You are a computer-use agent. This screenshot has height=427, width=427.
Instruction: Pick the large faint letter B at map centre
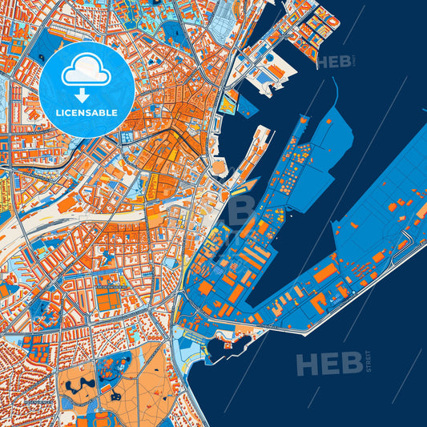pyautogui.click(x=236, y=212)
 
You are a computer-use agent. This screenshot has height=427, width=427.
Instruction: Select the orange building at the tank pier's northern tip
pyautogui.click(x=302, y=121)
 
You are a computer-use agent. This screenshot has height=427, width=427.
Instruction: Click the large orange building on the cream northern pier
pyautogui.click(x=276, y=71)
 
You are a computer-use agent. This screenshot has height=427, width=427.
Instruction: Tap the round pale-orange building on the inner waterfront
pyautogui.click(x=219, y=166)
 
